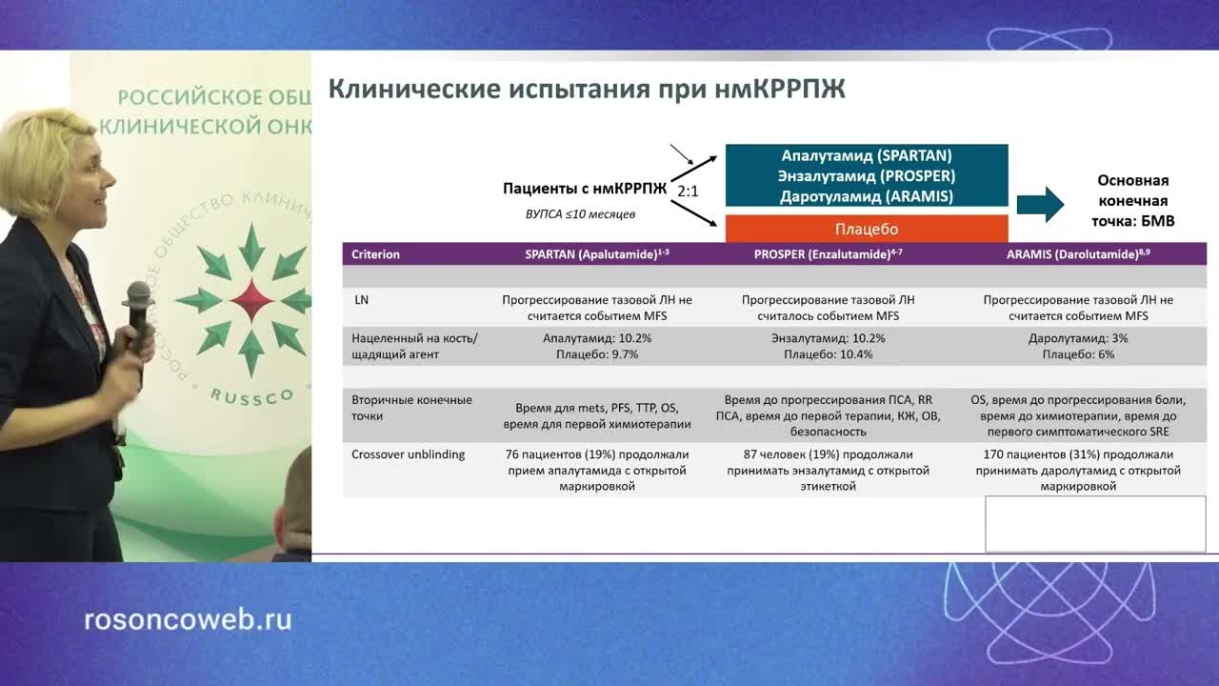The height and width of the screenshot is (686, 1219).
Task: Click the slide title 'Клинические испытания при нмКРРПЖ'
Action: click(x=587, y=90)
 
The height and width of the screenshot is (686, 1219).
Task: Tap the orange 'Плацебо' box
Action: click(x=866, y=229)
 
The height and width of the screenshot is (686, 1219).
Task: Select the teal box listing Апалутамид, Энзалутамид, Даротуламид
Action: click(x=866, y=175)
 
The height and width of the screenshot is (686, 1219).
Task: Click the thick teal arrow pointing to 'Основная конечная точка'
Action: click(x=1040, y=203)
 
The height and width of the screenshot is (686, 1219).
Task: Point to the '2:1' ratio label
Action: click(x=689, y=192)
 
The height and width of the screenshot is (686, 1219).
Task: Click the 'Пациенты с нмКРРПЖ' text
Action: click(x=585, y=189)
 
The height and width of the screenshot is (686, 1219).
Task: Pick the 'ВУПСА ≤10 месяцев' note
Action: click(x=580, y=214)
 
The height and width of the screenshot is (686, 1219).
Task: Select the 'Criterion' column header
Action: click(x=375, y=254)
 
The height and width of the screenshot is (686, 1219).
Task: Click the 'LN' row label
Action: click(x=361, y=299)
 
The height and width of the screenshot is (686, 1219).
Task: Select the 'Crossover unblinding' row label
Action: click(x=409, y=454)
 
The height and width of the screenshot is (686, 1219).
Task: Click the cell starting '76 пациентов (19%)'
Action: click(x=597, y=470)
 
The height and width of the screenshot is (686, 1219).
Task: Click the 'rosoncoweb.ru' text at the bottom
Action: click(x=188, y=620)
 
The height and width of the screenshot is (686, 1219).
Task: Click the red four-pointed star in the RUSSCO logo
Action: click(x=251, y=301)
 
